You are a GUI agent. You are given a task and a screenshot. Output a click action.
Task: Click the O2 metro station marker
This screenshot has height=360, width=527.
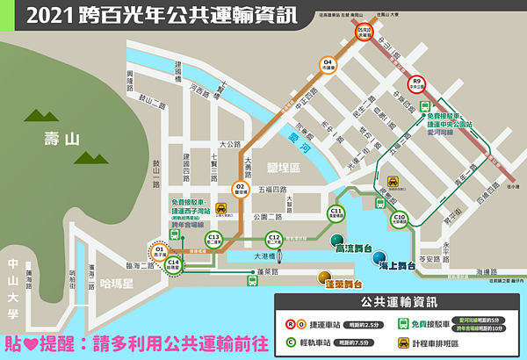(x=239, y=187)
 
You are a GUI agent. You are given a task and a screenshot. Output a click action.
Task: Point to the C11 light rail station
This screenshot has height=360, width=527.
(x=336, y=213)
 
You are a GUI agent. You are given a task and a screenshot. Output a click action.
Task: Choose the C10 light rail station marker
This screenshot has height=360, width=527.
(x=400, y=220)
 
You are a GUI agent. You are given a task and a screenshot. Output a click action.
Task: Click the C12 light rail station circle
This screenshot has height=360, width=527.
(x=274, y=239)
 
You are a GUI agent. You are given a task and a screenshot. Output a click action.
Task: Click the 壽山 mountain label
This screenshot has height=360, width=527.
(x=61, y=138)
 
